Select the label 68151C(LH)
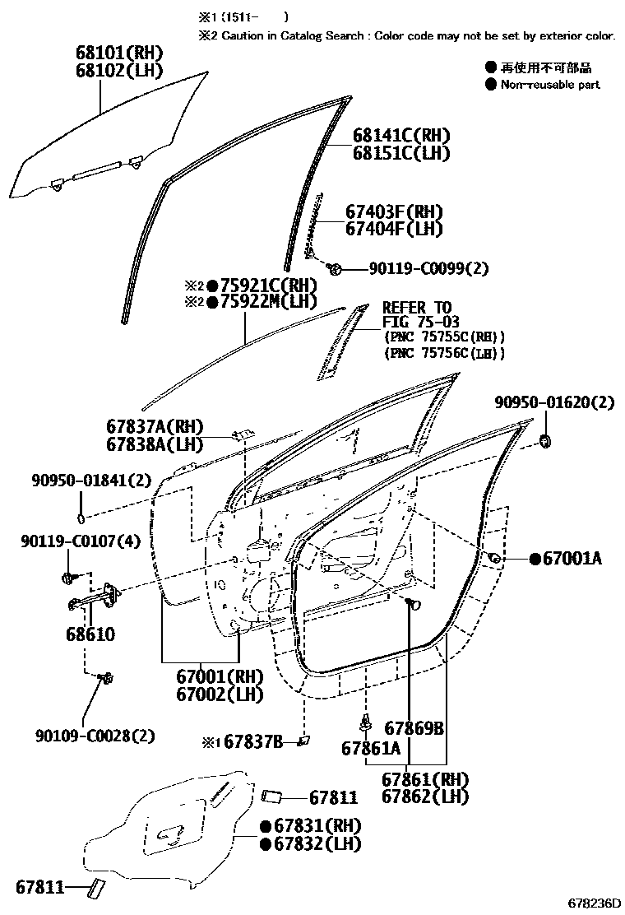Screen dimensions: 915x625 tap(402, 153)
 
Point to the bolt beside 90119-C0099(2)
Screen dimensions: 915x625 tap(335, 268)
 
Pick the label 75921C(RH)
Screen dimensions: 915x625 tap(267, 286)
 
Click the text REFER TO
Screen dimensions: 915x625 tap(417, 309)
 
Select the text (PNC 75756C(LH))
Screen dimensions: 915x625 tap(444, 353)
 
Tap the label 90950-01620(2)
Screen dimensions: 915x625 tap(554, 402)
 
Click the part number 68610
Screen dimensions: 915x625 tap(86, 635)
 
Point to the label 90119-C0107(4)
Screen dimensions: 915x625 tap(81, 541)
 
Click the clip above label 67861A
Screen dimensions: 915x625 tap(364, 722)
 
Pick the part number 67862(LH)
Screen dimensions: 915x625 tap(424, 797)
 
